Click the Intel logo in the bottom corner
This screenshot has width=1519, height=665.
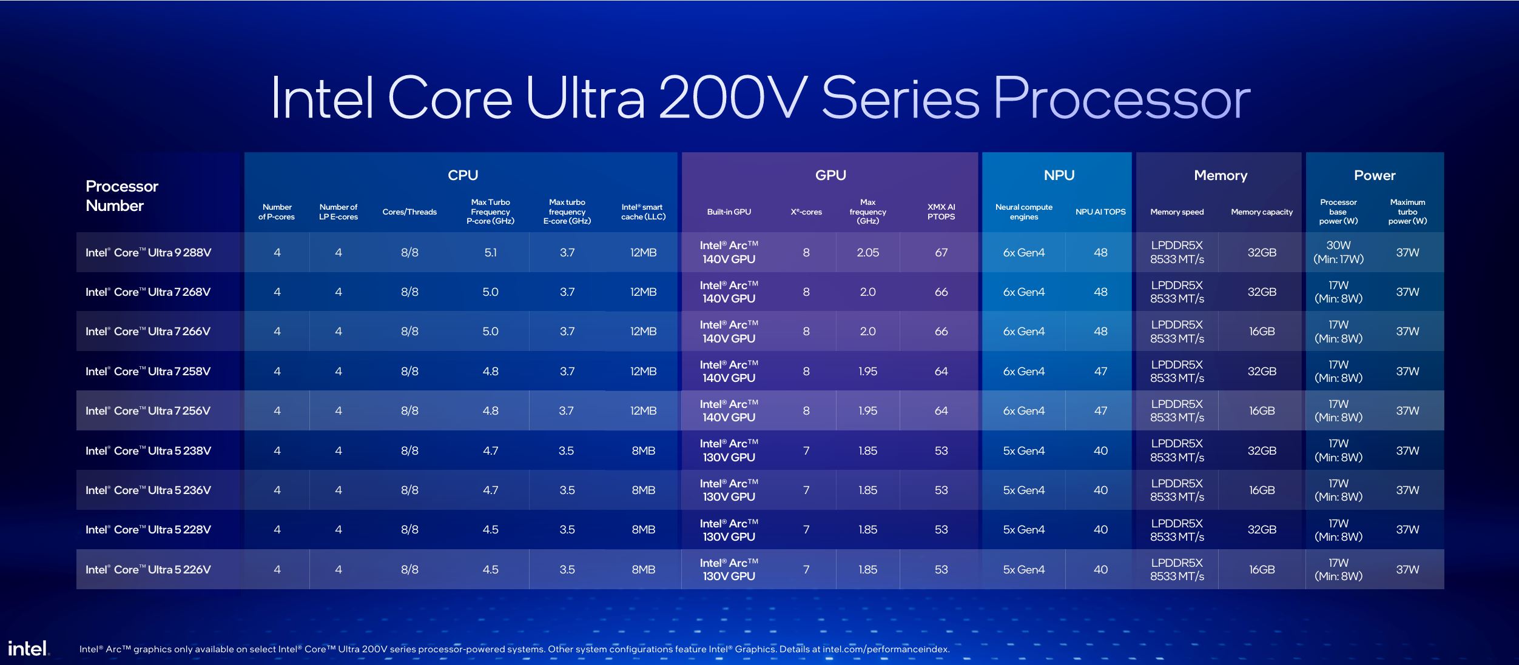28,649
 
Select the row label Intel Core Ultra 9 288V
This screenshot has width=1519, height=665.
148,253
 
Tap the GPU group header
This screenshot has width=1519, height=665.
830,175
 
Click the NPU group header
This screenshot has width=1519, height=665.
1059,175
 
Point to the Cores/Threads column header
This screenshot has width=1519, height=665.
409,212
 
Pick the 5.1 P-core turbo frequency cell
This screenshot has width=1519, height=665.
490,253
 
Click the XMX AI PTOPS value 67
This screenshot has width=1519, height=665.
941,253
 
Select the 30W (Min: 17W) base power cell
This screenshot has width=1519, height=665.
1338,252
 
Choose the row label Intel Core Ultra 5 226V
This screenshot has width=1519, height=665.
148,569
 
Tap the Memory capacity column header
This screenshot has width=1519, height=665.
1261,212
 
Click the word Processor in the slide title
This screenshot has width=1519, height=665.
1121,98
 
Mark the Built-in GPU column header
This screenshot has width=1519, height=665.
729,212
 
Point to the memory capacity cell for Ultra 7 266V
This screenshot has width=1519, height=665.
1261,332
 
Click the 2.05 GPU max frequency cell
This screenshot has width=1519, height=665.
867,253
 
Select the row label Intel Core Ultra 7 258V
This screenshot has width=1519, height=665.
148,371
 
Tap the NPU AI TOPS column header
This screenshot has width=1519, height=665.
1100,212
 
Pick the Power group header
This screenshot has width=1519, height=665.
1374,175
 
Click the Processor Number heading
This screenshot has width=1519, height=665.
122,195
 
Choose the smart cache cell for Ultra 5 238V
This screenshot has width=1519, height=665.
643,450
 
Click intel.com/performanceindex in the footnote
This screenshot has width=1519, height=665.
886,649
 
